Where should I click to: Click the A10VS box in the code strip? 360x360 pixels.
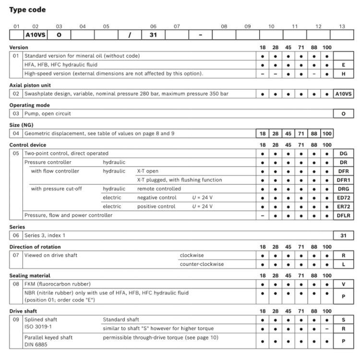click(34, 35)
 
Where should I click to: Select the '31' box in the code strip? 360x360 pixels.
click(153, 35)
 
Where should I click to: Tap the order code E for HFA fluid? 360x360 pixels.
click(343, 64)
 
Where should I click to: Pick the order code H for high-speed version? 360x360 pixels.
click(343, 73)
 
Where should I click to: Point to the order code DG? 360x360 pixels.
click(343, 154)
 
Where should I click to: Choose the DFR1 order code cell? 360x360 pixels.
click(343, 180)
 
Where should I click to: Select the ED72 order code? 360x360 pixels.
click(343, 198)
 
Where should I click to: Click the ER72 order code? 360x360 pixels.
click(343, 206)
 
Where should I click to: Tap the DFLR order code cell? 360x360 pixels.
click(343, 216)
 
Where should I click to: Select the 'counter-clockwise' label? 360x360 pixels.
click(202, 264)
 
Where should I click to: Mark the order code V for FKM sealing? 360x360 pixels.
click(343, 284)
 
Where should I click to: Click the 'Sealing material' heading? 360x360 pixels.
click(30, 276)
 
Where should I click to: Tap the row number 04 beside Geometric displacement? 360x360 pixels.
click(16, 133)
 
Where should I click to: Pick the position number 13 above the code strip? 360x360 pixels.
click(341, 26)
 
